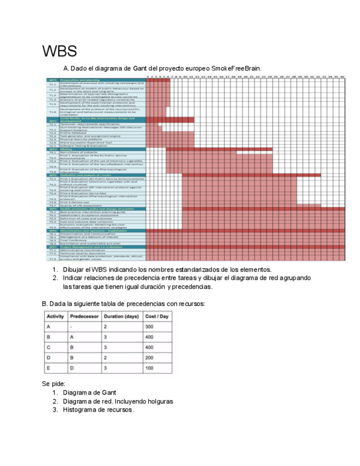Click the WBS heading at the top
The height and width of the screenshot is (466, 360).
(59, 52)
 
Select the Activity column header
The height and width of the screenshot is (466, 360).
(56, 317)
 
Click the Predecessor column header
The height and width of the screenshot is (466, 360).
(85, 317)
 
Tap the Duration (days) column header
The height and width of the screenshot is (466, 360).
(121, 317)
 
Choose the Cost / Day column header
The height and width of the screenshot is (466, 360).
(157, 317)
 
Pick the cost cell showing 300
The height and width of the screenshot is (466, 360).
(149, 327)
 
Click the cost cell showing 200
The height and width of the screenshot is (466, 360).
(149, 357)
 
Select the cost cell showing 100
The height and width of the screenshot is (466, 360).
(149, 368)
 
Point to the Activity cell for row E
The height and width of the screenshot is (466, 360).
(49, 368)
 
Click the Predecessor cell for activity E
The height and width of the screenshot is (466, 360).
(73, 368)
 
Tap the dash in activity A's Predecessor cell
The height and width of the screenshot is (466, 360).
(72, 327)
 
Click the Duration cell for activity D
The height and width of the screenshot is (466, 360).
(106, 357)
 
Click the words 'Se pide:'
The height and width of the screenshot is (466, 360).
(54, 383)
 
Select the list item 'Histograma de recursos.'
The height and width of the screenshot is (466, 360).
(98, 409)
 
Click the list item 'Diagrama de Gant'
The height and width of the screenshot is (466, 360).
(89, 392)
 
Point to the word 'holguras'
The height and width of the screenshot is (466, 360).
(159, 401)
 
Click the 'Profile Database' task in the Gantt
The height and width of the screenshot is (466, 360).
(72, 132)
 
